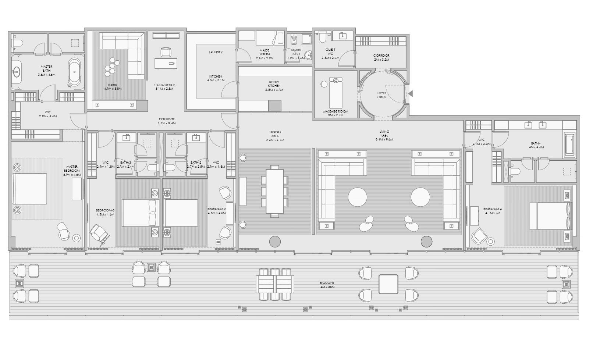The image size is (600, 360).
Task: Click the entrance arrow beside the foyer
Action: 411,94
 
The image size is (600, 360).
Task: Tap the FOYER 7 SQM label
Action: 381,95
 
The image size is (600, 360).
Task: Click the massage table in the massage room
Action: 335,93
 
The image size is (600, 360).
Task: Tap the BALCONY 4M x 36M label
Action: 327,285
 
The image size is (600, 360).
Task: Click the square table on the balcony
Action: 388,284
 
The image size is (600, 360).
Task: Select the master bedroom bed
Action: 29,189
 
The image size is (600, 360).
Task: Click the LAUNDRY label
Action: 216,52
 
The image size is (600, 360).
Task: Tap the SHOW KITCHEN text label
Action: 274,86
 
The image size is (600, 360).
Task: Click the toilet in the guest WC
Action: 323,38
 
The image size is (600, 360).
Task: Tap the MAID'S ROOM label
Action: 265,52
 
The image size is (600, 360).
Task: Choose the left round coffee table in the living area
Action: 357,197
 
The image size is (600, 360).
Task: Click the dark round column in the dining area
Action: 275,242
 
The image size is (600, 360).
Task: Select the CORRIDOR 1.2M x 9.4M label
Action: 167,121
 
